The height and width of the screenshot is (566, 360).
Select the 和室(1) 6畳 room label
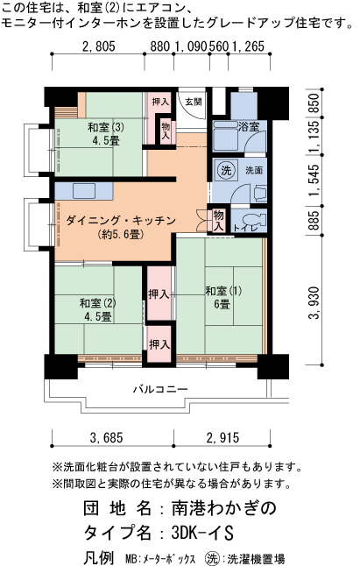pos(223,297)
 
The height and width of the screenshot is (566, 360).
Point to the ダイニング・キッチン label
pos(121,220)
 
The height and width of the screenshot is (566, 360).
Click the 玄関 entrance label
pos(194,102)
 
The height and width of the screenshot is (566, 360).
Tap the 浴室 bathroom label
pos(249,127)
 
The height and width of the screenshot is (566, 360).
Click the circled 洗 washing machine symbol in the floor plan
pos(226,170)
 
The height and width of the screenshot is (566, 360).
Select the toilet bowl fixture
pos(253,219)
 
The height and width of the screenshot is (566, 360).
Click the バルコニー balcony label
pos(161,389)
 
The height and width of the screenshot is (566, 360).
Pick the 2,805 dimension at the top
pos(98,46)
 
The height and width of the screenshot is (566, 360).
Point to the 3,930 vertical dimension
pos(314,303)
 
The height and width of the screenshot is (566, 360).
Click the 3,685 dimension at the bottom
pos(106,437)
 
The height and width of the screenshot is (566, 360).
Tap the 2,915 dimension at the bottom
pos(222,437)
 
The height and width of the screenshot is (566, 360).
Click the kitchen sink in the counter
pos(84,191)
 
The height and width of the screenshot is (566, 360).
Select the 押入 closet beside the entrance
pos(160,102)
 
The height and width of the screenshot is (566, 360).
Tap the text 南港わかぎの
pos(223,508)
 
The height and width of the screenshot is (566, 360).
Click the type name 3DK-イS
pos(202,532)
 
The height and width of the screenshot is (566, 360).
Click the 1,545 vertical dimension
pos(314,180)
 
